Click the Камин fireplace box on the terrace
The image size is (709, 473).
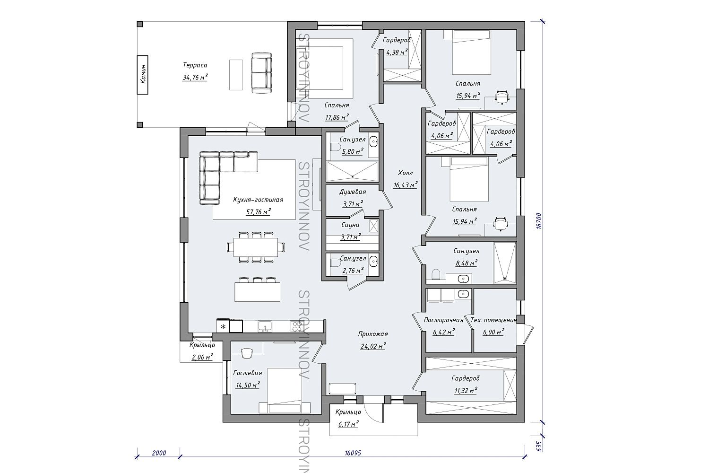click(142, 75)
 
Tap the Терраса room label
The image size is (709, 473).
click(195, 65)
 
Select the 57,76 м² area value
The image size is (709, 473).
click(258, 212)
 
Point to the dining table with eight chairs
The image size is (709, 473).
click(256, 247)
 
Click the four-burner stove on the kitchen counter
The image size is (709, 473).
click(296, 326)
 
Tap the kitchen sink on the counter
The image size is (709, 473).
click(265, 326)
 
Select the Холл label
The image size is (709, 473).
click(406, 173)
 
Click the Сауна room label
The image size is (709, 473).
click(350, 225)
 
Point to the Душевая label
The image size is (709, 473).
click(353, 192)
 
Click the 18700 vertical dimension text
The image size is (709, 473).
click(540, 221)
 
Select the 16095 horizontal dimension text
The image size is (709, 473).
click(353, 453)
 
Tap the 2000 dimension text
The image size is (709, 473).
click(159, 453)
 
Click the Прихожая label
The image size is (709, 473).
click(373, 334)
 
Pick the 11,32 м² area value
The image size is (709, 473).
click(466, 391)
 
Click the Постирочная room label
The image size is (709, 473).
click(443, 320)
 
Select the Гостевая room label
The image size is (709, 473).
click(248, 373)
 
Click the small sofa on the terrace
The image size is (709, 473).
click(262, 73)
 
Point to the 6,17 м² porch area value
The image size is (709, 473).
click(348, 424)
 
